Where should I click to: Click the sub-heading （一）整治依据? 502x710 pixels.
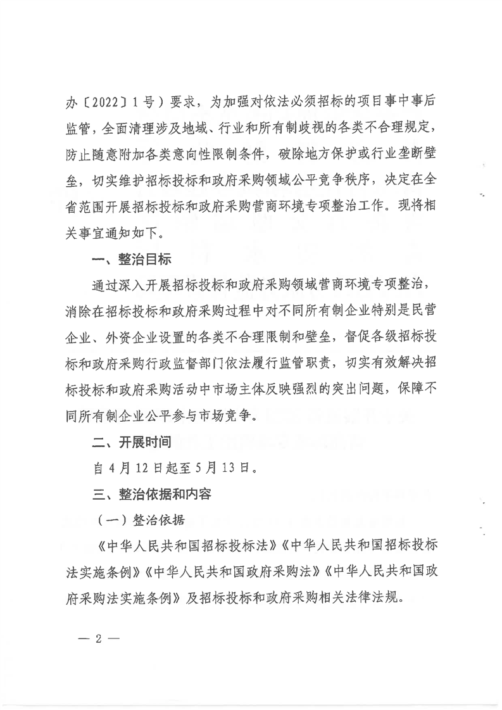pos(141,520)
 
